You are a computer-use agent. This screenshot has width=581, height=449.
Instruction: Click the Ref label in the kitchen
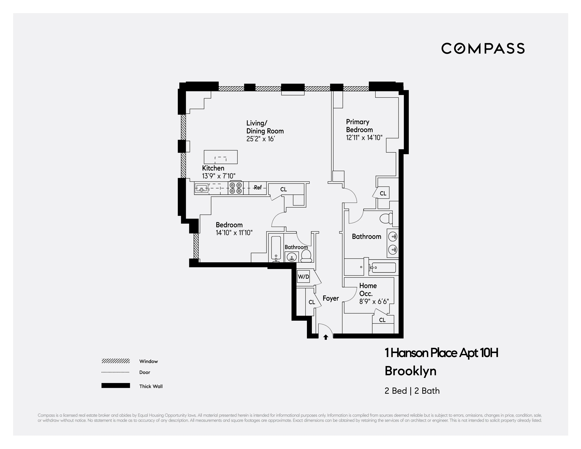click(258, 188)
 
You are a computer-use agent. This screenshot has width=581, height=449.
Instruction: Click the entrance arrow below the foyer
click(326, 337)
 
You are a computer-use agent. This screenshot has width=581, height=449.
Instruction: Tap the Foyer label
click(331, 298)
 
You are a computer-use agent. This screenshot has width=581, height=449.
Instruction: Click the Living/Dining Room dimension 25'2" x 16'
click(260, 139)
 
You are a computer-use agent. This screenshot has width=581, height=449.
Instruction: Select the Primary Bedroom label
click(359, 126)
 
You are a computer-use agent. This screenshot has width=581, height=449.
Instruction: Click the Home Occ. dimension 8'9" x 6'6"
click(374, 302)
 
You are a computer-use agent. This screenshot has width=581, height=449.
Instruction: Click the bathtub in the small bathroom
click(276, 248)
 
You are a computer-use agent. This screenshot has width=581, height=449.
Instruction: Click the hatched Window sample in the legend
click(115, 361)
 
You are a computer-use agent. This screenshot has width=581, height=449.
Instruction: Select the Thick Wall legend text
click(151, 386)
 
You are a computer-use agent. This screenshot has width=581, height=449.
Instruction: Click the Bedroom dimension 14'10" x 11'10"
click(234, 233)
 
